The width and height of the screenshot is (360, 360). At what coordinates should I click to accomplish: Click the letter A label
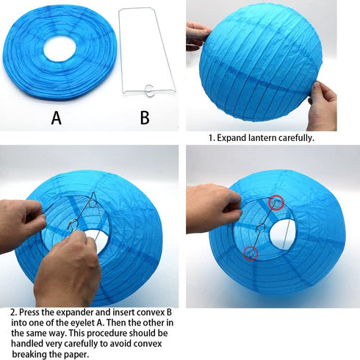[x=56, y=118]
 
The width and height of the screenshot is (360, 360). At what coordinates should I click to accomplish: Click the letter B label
[x=145, y=118]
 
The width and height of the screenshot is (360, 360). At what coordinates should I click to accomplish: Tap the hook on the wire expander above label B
[x=148, y=91]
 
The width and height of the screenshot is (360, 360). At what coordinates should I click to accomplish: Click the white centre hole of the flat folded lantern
[x=60, y=48]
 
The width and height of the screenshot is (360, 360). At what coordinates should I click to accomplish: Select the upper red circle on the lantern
[x=276, y=203]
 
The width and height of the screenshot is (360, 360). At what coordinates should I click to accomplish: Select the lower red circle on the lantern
[x=251, y=253]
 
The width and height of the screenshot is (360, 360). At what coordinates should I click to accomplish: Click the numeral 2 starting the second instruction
[x=13, y=313]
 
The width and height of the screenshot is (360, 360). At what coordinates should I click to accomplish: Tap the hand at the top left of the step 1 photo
[x=198, y=35]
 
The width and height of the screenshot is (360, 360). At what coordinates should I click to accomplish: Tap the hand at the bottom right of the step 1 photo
[x=323, y=106]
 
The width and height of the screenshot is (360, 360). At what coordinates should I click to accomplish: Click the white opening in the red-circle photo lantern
[x=281, y=234]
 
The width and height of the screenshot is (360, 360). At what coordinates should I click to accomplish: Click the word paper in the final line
[x=74, y=355]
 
